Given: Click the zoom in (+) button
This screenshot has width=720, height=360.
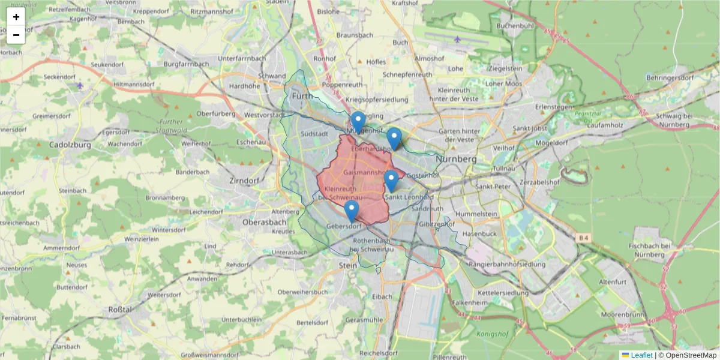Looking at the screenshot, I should [16, 17].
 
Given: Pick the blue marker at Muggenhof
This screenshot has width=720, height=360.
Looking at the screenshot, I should [358, 122].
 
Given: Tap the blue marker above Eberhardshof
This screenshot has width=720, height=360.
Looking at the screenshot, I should [394, 139].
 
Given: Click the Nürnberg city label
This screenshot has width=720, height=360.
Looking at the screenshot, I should [456, 160].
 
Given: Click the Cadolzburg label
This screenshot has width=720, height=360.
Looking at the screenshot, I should [70, 145].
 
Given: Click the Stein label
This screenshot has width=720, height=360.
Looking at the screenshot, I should [348, 264].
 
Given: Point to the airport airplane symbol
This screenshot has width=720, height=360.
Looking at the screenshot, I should [457, 40].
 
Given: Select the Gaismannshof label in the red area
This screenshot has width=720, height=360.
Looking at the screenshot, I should [365, 173].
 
